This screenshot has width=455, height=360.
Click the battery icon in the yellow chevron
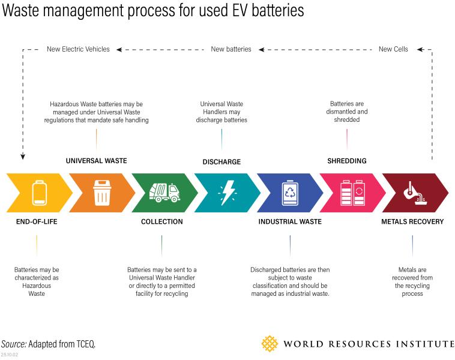(x=39, y=192)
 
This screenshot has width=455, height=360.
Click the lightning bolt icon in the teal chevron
(x=227, y=192)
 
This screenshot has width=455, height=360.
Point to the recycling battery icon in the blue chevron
(x=290, y=192)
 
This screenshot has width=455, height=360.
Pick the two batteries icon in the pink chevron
(x=352, y=192)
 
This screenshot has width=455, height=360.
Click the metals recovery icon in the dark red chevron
(x=414, y=192)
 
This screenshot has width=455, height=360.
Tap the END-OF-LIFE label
(x=37, y=222)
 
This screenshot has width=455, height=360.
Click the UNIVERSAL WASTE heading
(x=96, y=161)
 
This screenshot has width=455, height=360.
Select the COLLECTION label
(x=162, y=222)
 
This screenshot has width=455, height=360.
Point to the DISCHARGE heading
(x=221, y=161)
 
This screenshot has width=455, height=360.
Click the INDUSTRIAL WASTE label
(x=290, y=222)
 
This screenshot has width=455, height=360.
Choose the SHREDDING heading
(x=347, y=161)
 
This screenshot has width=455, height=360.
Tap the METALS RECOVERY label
(x=412, y=222)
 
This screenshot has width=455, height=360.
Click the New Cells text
(x=393, y=49)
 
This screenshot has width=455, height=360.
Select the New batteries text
(x=231, y=49)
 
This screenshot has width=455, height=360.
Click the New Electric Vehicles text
(x=78, y=49)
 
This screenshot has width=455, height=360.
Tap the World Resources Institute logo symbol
(x=270, y=344)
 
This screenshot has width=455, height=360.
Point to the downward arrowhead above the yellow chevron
(x=23, y=157)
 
